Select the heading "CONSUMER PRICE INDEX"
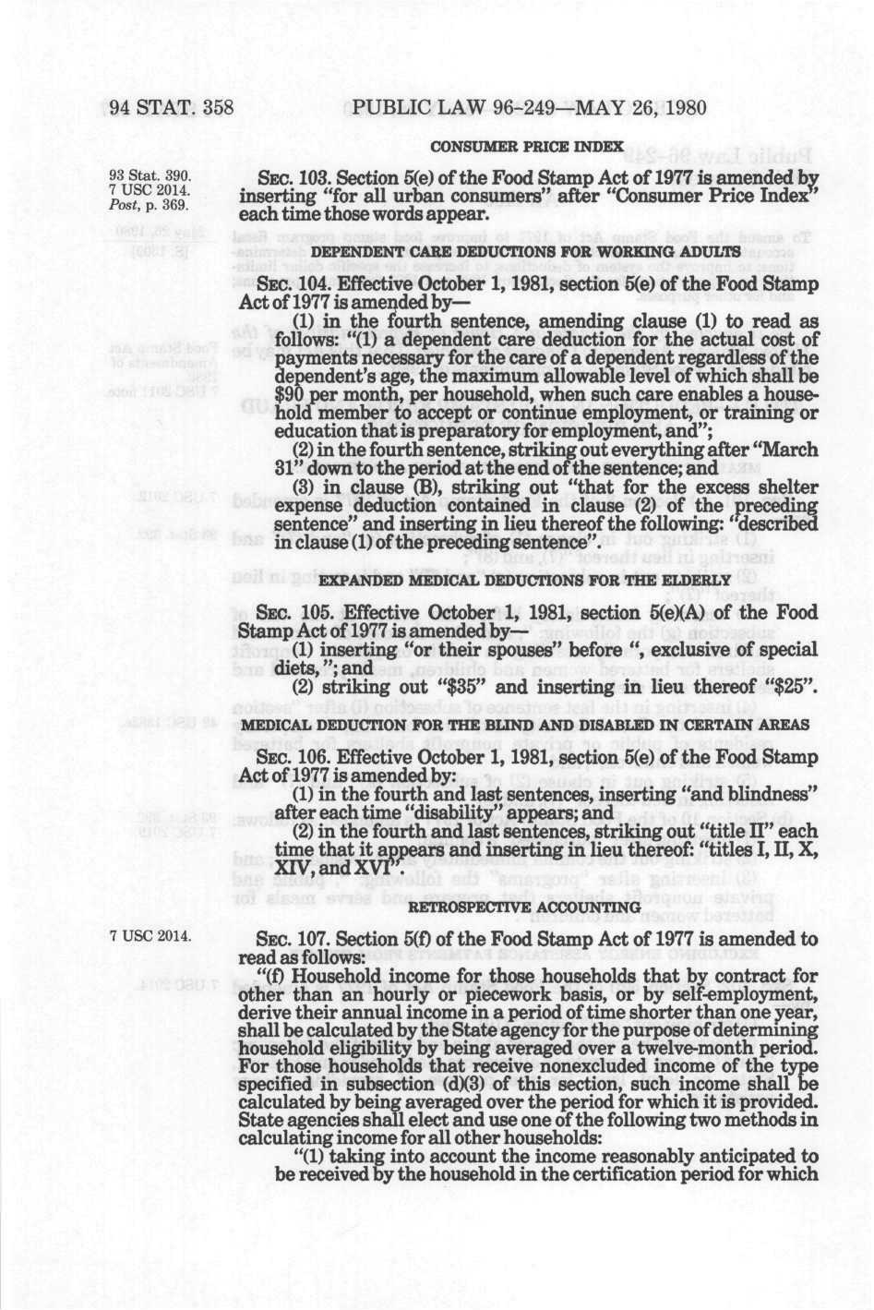[x=527, y=147]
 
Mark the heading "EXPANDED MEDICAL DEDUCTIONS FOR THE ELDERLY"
[x=524, y=580]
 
